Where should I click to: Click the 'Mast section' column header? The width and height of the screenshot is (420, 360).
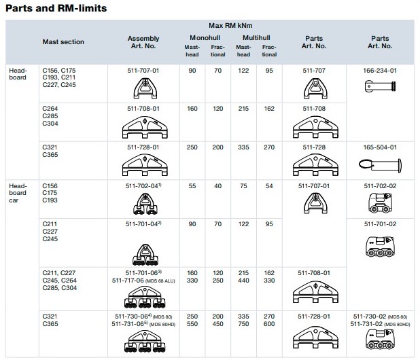(x=63, y=42)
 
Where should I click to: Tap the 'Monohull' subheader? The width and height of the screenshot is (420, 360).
(x=202, y=35)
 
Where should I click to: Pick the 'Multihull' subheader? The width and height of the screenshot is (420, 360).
(x=256, y=35)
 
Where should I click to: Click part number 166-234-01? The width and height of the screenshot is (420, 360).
(x=381, y=69)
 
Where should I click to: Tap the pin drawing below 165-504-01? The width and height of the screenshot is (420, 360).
(x=380, y=164)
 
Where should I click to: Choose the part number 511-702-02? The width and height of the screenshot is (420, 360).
(x=381, y=185)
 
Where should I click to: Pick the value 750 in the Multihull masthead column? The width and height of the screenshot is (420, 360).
(x=245, y=323)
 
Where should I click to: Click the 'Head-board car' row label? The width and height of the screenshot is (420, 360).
(x=17, y=192)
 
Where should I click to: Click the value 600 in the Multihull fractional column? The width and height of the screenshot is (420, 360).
(x=270, y=323)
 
